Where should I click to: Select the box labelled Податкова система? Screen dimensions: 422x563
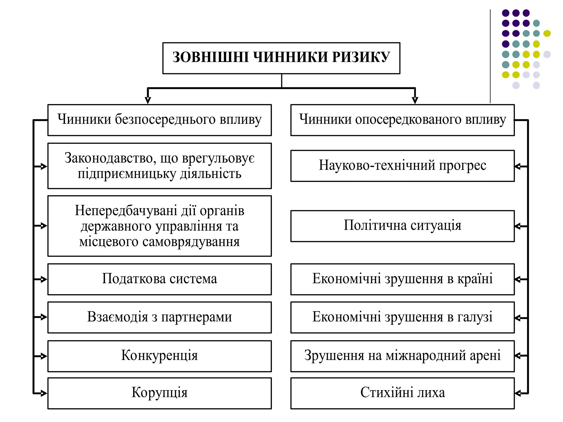click(x=159, y=279)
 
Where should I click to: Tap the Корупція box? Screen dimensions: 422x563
click(x=159, y=393)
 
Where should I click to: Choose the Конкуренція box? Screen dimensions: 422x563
click(x=159, y=356)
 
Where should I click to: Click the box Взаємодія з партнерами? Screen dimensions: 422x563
click(x=159, y=317)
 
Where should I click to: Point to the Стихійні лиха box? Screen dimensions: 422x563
click(x=402, y=393)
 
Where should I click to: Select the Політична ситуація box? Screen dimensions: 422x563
click(x=402, y=226)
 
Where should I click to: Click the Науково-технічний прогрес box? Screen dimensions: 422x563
click(x=402, y=166)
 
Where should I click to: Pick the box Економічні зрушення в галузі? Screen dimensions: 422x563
click(x=402, y=317)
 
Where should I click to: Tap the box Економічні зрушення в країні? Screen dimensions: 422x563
click(x=402, y=279)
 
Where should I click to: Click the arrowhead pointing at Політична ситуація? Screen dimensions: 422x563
click(x=518, y=226)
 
